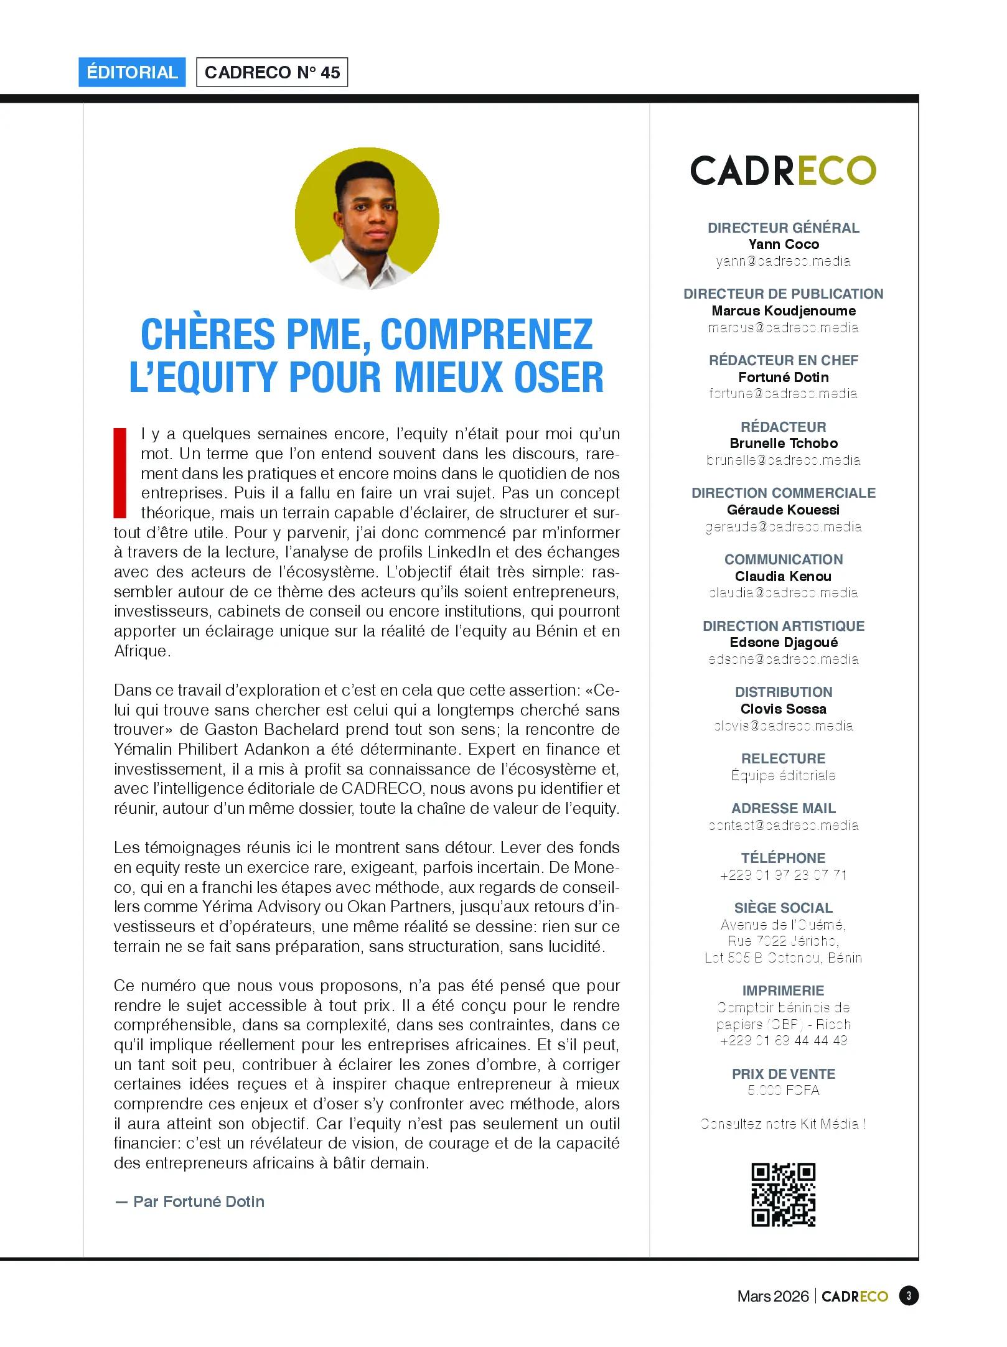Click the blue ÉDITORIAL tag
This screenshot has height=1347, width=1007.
pyautogui.click(x=132, y=72)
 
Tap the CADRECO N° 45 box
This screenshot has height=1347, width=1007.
pyautogui.click(x=272, y=72)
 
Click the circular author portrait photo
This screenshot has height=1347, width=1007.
pyautogui.click(x=367, y=218)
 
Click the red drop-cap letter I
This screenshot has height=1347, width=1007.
pyautogui.click(x=119, y=473)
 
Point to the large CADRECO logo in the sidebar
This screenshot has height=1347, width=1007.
pyautogui.click(x=783, y=170)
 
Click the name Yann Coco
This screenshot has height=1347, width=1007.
pyautogui.click(x=783, y=245)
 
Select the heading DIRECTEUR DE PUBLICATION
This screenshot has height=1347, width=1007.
pyautogui.click(x=783, y=294)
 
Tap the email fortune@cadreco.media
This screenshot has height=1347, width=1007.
pyautogui.click(x=783, y=394)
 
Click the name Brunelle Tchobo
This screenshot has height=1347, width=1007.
pyautogui.click(x=783, y=444)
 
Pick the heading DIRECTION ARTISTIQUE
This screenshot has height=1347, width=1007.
pyautogui.click(x=783, y=626)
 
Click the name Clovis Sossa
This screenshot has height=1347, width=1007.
pyautogui.click(x=783, y=709)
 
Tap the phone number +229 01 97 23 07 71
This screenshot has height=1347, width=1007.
pyautogui.click(x=783, y=875)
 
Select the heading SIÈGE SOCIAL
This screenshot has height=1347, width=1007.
pyautogui.click(x=783, y=908)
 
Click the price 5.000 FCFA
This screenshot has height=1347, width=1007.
pyautogui.click(x=783, y=1091)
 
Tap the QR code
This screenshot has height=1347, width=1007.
pyautogui.click(x=783, y=1195)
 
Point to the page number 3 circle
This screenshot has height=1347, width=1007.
pyautogui.click(x=908, y=1296)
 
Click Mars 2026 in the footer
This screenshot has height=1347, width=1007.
pyautogui.click(x=772, y=1296)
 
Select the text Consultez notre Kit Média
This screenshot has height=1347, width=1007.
pyautogui.click(x=783, y=1124)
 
